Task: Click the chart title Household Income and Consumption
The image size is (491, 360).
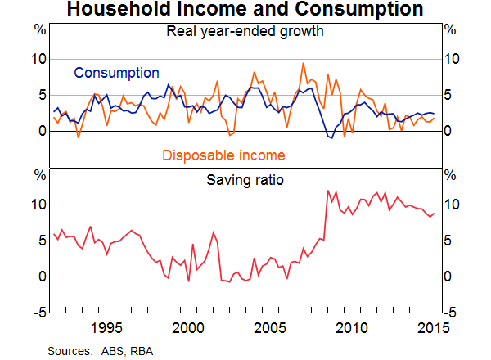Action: (245, 11)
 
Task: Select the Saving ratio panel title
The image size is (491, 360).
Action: (245, 178)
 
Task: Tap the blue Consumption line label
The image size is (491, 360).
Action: (116, 73)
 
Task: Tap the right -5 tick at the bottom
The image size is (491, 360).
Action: (450, 313)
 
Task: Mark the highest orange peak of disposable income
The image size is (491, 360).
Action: (304, 63)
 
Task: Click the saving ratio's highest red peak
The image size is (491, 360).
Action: (328, 191)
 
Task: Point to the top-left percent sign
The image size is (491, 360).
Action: (38, 29)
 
